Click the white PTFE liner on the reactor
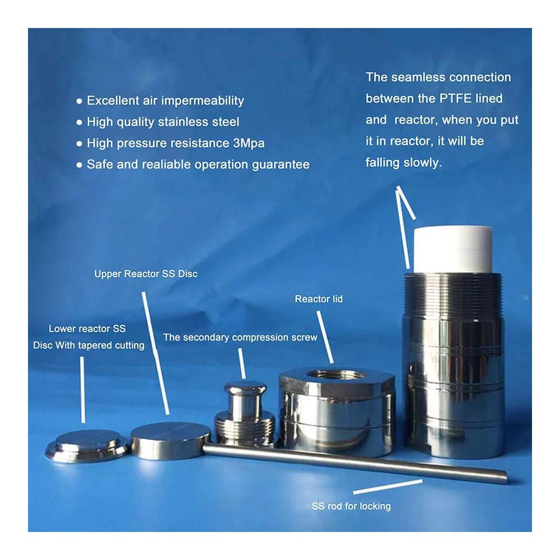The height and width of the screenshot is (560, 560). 452,249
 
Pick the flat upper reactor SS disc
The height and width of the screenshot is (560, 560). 170,440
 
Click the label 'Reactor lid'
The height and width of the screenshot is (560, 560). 319,299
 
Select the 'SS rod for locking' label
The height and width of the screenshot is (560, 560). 351,506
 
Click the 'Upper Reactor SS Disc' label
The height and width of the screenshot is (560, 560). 146,274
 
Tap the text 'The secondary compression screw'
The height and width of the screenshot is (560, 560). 240,337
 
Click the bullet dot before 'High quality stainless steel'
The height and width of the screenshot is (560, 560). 79,123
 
